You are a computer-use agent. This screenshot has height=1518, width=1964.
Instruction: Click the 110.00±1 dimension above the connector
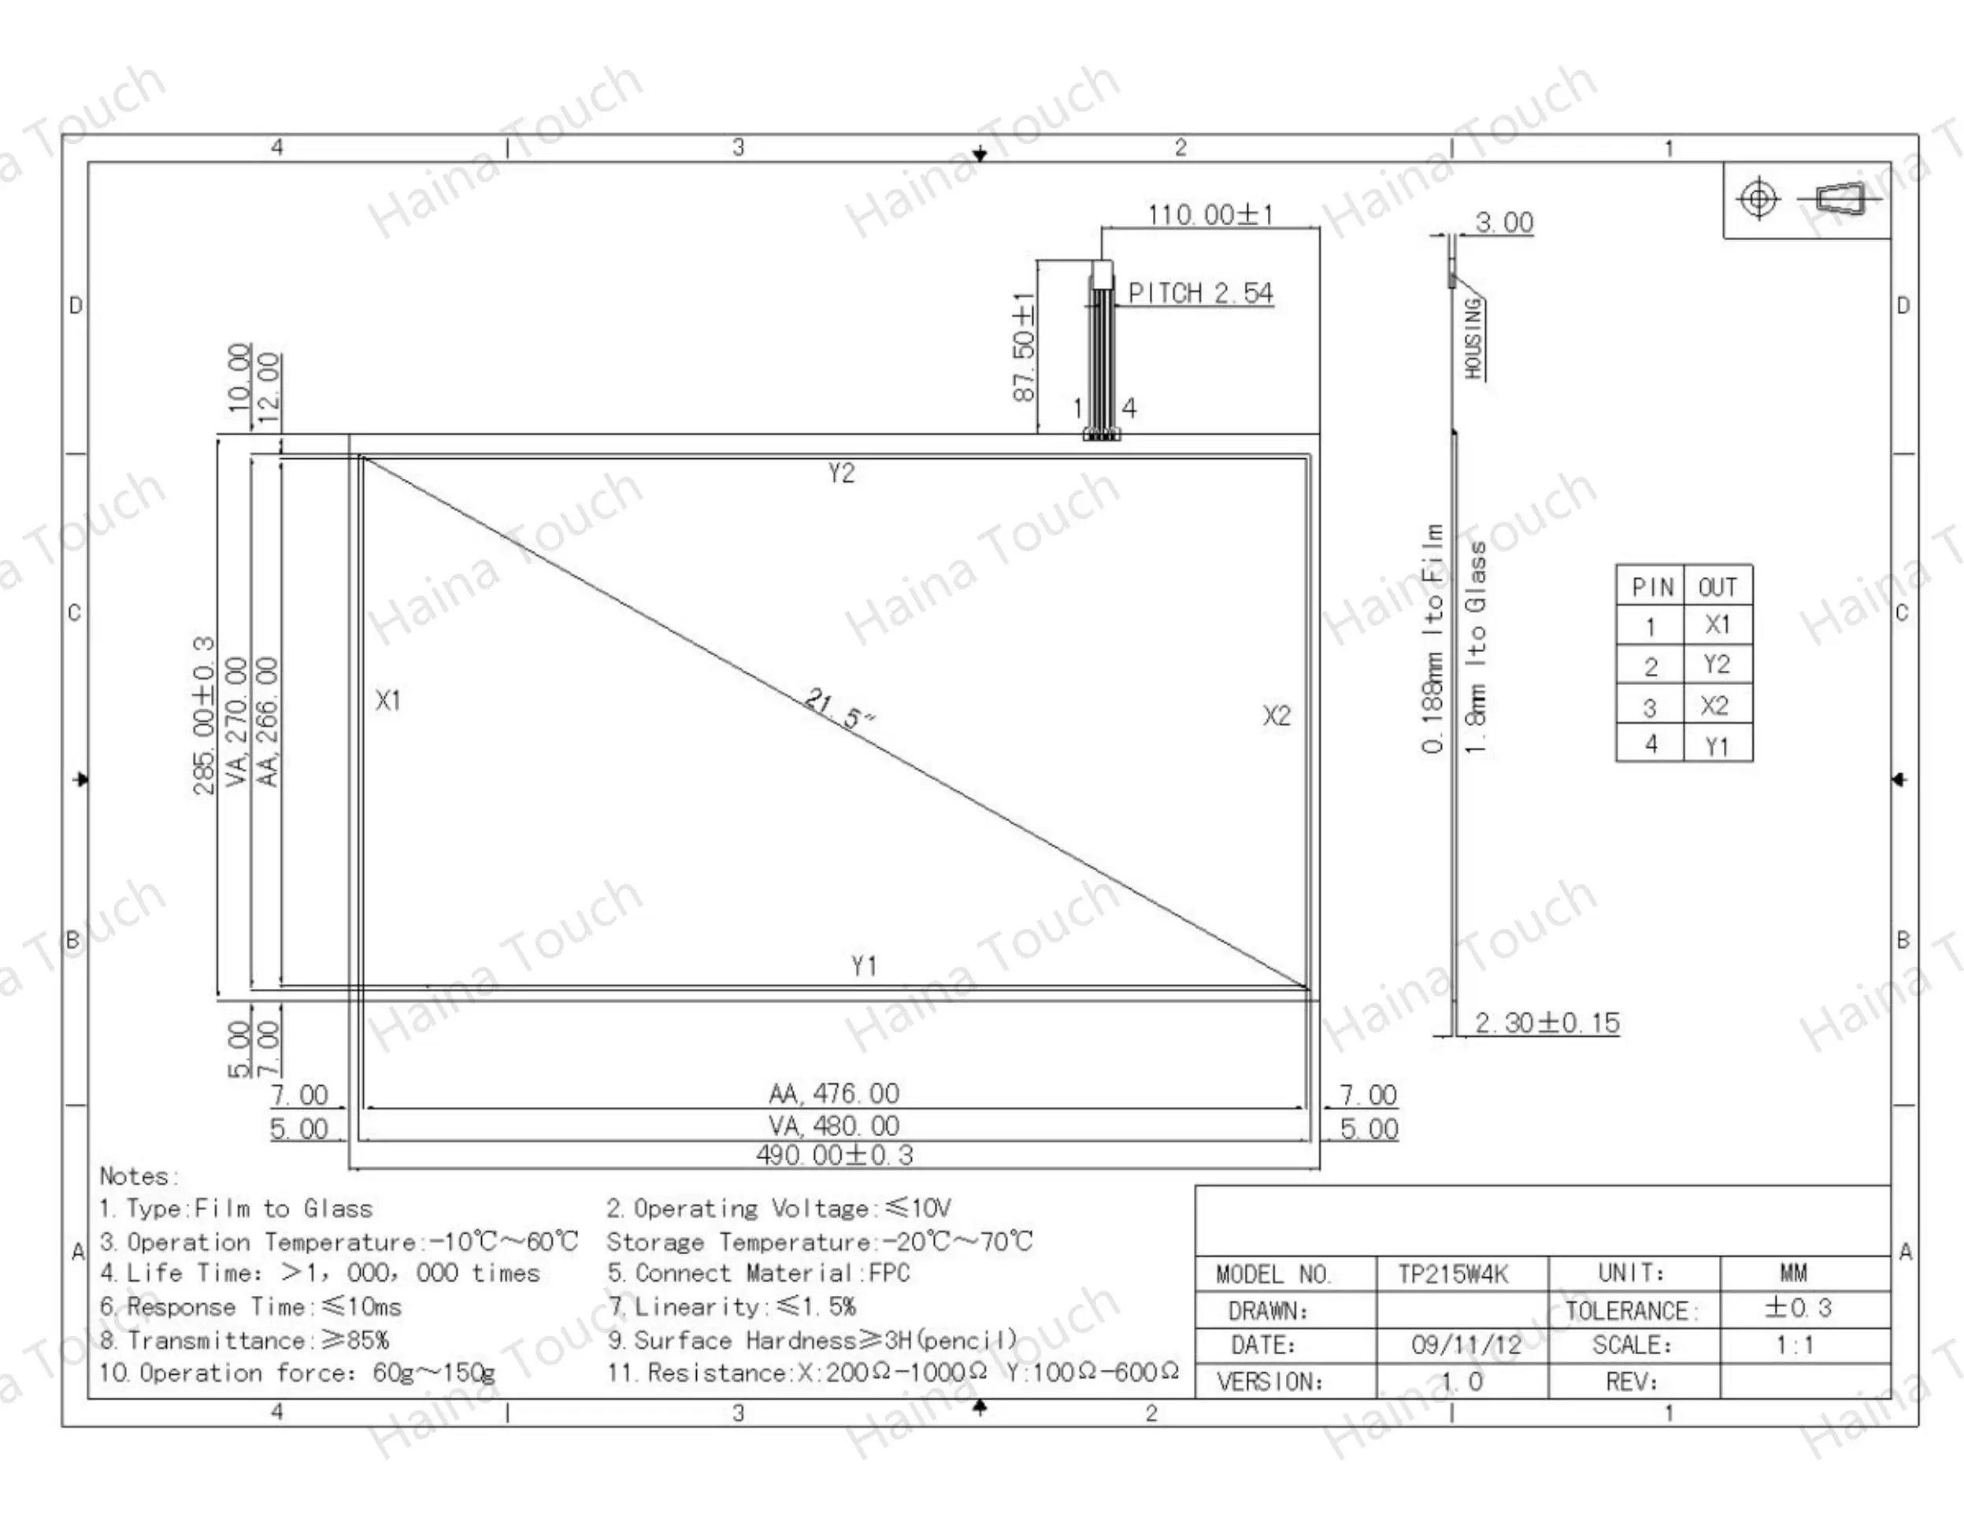[1210, 215]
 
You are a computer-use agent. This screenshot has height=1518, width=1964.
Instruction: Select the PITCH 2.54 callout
[1200, 293]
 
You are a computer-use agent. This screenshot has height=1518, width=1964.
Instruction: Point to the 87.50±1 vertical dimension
[1025, 347]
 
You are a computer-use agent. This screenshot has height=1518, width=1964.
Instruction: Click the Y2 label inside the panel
[841, 473]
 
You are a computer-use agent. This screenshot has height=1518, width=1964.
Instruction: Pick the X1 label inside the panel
[388, 700]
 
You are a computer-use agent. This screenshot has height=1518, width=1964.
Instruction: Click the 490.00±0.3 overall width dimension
[835, 1155]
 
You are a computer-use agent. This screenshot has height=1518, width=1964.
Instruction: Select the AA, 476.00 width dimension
[834, 1094]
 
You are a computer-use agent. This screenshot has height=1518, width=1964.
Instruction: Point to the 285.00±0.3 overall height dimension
[204, 716]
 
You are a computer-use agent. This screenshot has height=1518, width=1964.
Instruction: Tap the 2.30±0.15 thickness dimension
[1547, 1024]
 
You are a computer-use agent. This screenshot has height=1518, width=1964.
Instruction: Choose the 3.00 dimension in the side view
[1504, 222]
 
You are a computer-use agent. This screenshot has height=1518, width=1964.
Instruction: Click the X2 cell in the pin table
[1715, 706]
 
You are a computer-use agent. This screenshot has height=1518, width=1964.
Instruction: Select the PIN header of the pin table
[1652, 587]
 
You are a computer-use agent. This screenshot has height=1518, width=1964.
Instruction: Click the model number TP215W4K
[1453, 1274]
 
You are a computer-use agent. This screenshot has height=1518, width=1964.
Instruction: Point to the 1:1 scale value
[1794, 1346]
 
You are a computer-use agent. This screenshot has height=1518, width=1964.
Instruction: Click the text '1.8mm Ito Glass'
[1476, 646]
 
